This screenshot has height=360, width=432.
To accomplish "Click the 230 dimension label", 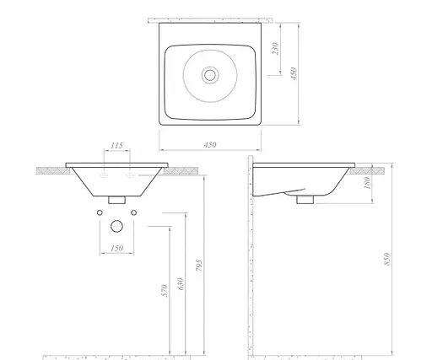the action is click(276, 49).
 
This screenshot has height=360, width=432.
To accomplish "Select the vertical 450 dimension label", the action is click(294, 73).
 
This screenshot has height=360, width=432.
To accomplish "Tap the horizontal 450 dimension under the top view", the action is click(210, 144).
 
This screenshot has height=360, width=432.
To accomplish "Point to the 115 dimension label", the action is click(116, 146).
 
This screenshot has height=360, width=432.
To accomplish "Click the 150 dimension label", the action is click(116, 248).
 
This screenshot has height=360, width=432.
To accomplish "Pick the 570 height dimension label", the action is click(165, 291).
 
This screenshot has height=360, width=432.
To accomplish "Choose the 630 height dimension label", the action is click(181, 284).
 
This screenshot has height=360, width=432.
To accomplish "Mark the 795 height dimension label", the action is click(198, 266).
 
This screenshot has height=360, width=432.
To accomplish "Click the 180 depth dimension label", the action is click(367, 183).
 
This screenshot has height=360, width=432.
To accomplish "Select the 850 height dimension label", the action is click(387, 259).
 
